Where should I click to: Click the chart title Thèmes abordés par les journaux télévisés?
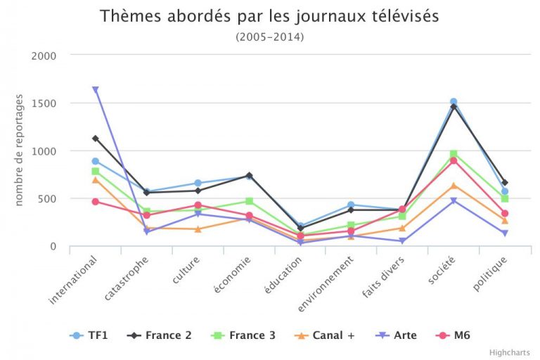(269, 15)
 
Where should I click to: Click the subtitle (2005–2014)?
(269, 37)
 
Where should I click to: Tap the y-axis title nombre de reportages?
(20, 150)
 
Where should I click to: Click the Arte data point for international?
(95, 90)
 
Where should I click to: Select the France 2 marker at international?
(95, 139)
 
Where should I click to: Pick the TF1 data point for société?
(454, 102)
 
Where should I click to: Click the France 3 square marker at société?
(454, 154)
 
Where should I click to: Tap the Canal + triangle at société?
(454, 186)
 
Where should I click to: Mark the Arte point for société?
(454, 201)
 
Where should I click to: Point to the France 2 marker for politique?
(505, 183)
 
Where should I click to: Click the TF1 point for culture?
(198, 184)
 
